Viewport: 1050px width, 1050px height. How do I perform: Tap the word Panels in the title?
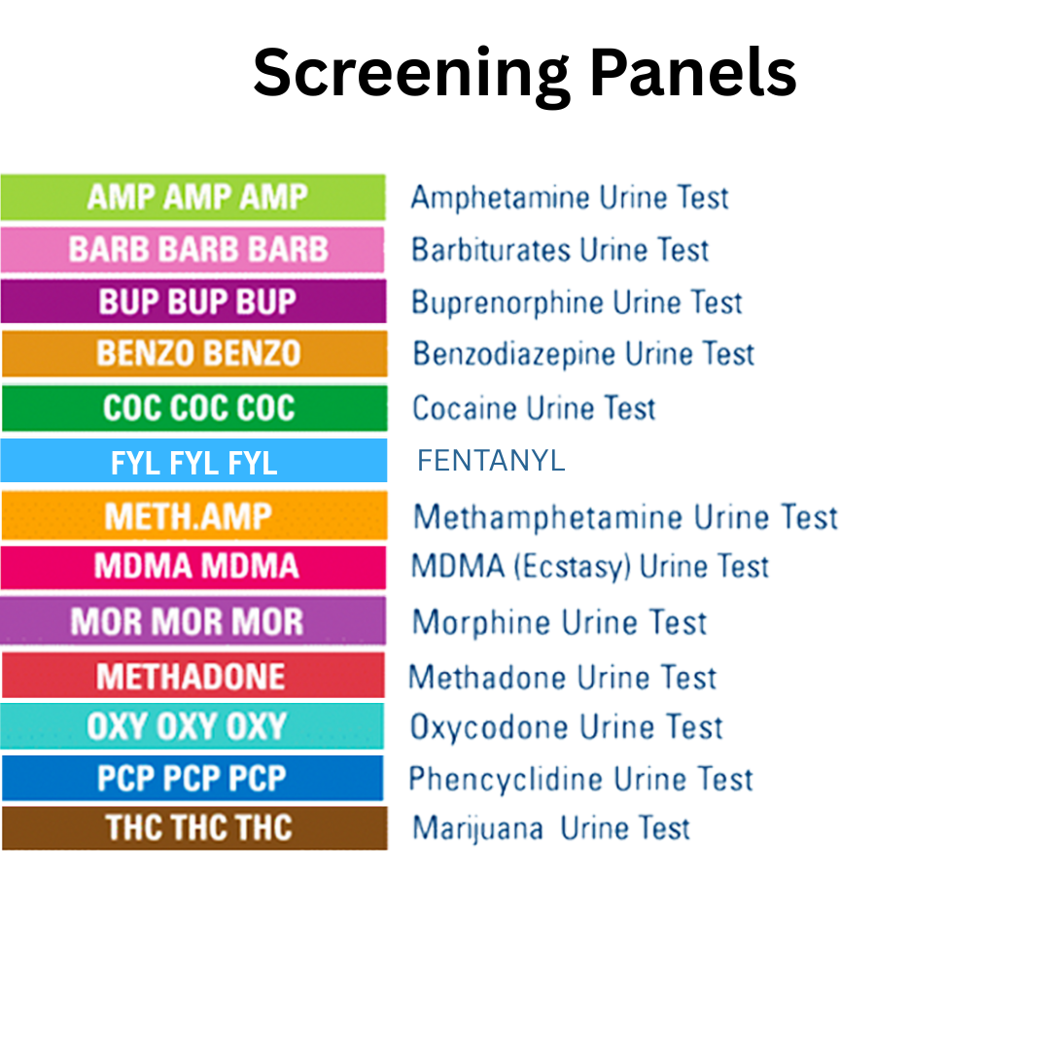pyautogui.click(x=693, y=73)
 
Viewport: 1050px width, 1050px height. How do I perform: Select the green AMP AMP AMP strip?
pyautogui.click(x=193, y=197)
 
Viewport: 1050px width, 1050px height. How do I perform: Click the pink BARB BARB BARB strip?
pyautogui.click(x=193, y=250)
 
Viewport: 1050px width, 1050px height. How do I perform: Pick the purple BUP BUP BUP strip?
pyautogui.click(x=193, y=301)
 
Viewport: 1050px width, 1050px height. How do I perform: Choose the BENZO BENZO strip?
pyautogui.click(x=193, y=354)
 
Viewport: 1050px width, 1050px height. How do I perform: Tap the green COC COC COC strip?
pyautogui.click(x=193, y=408)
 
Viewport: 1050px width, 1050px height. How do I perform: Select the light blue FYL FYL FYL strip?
pyautogui.click(x=193, y=461)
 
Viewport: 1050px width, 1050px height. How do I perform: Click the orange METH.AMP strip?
pyautogui.click(x=193, y=515)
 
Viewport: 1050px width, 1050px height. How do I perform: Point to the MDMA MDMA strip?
pyautogui.click(x=193, y=567)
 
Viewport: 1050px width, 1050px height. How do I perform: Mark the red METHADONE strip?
pyautogui.click(x=193, y=676)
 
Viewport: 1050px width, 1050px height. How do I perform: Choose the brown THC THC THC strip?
pyautogui.click(x=193, y=828)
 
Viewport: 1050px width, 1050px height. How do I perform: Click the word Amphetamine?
pyautogui.click(x=500, y=197)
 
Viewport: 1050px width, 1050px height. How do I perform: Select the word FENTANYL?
pyautogui.click(x=491, y=461)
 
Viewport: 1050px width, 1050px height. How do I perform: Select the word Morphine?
pyautogui.click(x=481, y=622)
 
